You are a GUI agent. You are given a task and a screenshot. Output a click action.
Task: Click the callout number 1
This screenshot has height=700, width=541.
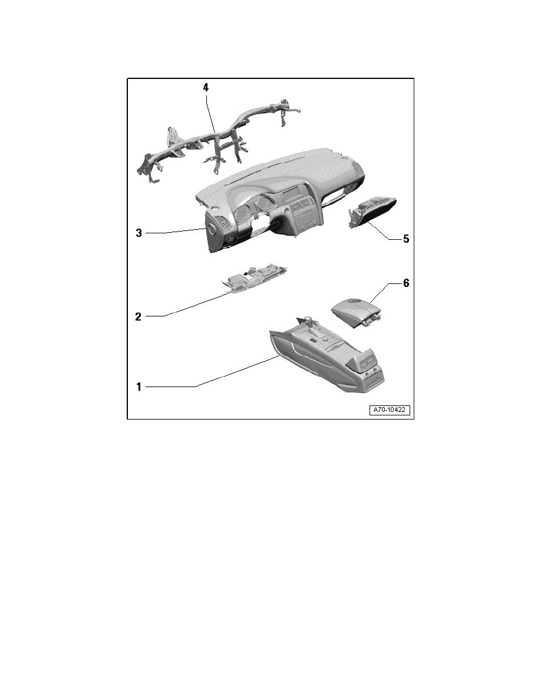[x=139, y=387]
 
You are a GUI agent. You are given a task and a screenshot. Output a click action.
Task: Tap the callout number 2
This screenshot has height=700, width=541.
[x=138, y=316]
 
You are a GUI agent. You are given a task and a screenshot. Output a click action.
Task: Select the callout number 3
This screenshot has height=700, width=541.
[x=139, y=233]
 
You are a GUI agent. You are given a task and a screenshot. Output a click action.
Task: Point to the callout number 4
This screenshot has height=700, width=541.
[x=205, y=87]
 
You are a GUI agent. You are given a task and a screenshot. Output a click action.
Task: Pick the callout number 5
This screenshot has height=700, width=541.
[x=405, y=239]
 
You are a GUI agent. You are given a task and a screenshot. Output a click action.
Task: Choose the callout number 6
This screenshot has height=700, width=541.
[x=405, y=283]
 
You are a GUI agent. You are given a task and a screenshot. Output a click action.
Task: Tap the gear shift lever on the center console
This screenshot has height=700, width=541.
[x=307, y=323]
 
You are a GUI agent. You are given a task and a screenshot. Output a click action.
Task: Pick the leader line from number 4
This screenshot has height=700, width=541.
[x=211, y=113]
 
